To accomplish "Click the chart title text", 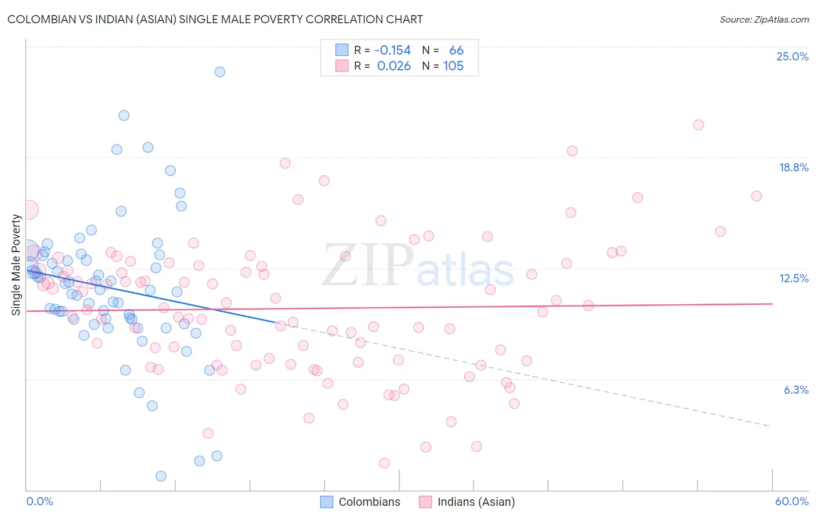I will (215, 19).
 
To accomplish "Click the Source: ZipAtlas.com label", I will (764, 20).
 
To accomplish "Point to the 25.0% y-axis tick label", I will (792, 56).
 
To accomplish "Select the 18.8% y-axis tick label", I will (793, 167).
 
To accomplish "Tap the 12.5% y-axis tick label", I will (793, 278).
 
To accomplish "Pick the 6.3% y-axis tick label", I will (796, 390).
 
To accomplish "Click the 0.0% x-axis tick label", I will (39, 501).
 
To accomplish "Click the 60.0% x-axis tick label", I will (791, 501).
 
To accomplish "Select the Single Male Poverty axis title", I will (16, 265).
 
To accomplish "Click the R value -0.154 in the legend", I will (393, 51).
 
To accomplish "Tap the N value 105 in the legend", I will (453, 66).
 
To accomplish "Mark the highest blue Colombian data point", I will (219, 72).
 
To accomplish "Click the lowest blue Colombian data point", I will (161, 476).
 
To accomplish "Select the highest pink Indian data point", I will (698, 125).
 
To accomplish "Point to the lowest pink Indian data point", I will (384, 463).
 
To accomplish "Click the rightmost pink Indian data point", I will (756, 196).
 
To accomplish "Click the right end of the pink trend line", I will (772, 304).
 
